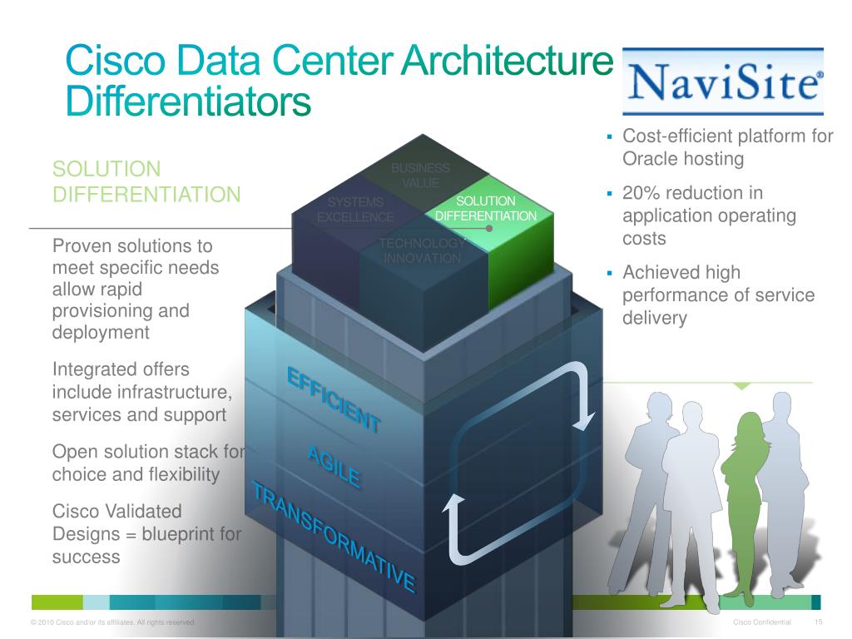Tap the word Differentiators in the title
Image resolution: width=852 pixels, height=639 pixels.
tap(188, 102)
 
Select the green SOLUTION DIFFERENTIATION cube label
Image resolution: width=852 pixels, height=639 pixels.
tap(486, 209)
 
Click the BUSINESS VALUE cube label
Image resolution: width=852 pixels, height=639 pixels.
tap(420, 176)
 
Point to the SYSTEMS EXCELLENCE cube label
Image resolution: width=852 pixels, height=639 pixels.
tap(355, 210)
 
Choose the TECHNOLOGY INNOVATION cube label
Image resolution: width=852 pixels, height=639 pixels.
tap(422, 250)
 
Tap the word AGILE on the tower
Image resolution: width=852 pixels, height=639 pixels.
tap(333, 466)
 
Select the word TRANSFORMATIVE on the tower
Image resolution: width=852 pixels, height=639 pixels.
tap(333, 537)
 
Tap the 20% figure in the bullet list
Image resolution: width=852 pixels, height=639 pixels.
tap(641, 194)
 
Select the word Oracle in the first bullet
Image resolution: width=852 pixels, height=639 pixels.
tap(650, 158)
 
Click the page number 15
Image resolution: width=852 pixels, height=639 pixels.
tap(818, 623)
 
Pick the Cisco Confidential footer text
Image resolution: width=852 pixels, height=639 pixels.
tap(762, 623)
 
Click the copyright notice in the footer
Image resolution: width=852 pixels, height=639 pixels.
tap(112, 623)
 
